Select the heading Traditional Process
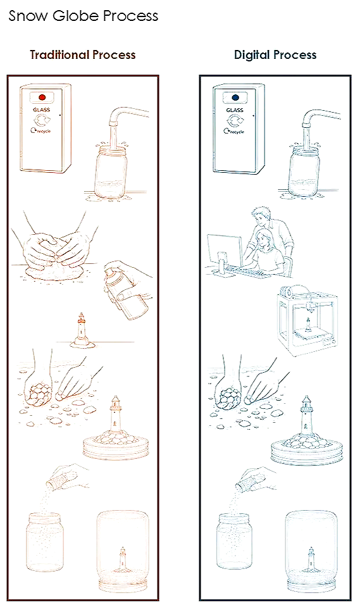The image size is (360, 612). (x=83, y=54)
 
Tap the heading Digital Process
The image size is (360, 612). (x=275, y=54)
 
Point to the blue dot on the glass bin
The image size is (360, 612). (x=235, y=97)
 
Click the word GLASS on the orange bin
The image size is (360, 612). (x=42, y=110)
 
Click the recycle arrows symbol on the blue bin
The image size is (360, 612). (x=235, y=121)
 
